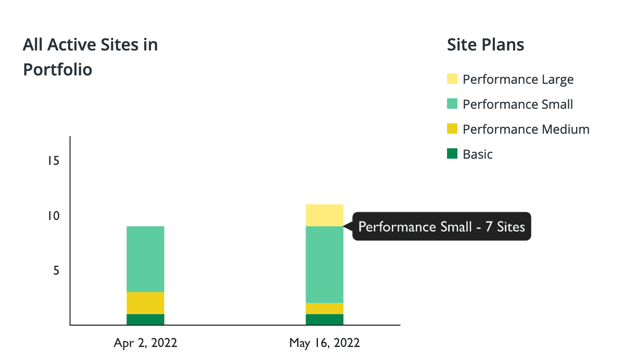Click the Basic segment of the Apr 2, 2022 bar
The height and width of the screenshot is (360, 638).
145,319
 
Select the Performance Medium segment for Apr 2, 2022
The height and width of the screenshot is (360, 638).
145,303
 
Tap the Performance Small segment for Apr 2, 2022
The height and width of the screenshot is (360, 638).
145,259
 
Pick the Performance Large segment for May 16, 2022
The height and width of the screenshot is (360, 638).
324,215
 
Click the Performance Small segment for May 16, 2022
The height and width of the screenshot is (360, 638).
324,265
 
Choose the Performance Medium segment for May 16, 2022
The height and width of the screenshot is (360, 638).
324,308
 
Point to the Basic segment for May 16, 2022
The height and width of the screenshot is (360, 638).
324,319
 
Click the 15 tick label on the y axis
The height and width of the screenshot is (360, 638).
53,161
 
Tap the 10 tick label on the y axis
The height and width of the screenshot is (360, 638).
53,216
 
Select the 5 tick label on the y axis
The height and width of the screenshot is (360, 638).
56,271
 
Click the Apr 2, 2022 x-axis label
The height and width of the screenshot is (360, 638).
145,343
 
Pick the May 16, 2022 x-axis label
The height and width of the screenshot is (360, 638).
324,343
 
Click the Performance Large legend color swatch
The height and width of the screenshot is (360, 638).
452,79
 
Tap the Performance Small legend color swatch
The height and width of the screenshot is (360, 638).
452,104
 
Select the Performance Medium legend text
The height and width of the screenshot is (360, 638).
526,130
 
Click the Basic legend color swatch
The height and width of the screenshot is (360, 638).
452,153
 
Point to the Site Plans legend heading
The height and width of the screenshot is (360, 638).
486,45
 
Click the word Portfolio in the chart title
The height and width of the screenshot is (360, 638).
58,70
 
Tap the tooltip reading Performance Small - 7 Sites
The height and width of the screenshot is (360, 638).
442,226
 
